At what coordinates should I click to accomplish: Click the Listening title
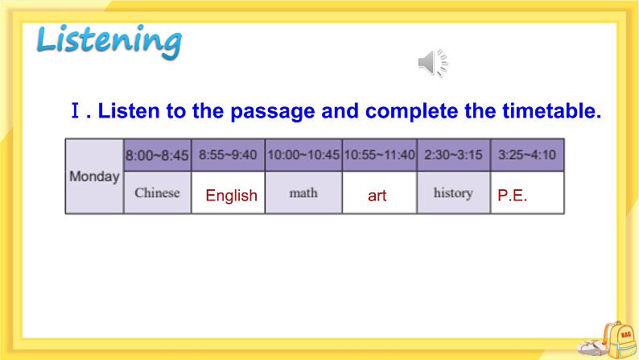(x=109, y=40)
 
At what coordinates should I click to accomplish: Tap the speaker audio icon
(x=432, y=63)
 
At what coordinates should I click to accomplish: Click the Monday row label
(x=94, y=176)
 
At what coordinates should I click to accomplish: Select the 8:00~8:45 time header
(x=157, y=155)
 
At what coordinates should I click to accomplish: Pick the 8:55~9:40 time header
(x=228, y=155)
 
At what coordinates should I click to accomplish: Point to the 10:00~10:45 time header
(x=303, y=155)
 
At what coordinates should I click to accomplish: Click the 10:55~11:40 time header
(x=379, y=155)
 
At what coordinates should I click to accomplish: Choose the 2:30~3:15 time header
(x=453, y=155)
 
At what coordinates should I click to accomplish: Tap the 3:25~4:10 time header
(x=527, y=155)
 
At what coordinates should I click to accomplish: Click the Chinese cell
(x=157, y=193)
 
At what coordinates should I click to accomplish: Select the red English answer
(x=231, y=196)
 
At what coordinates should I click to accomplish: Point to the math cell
(x=303, y=193)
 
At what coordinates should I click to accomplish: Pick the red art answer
(x=377, y=196)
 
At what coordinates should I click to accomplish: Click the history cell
(x=452, y=193)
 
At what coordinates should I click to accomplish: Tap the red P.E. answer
(x=513, y=196)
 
